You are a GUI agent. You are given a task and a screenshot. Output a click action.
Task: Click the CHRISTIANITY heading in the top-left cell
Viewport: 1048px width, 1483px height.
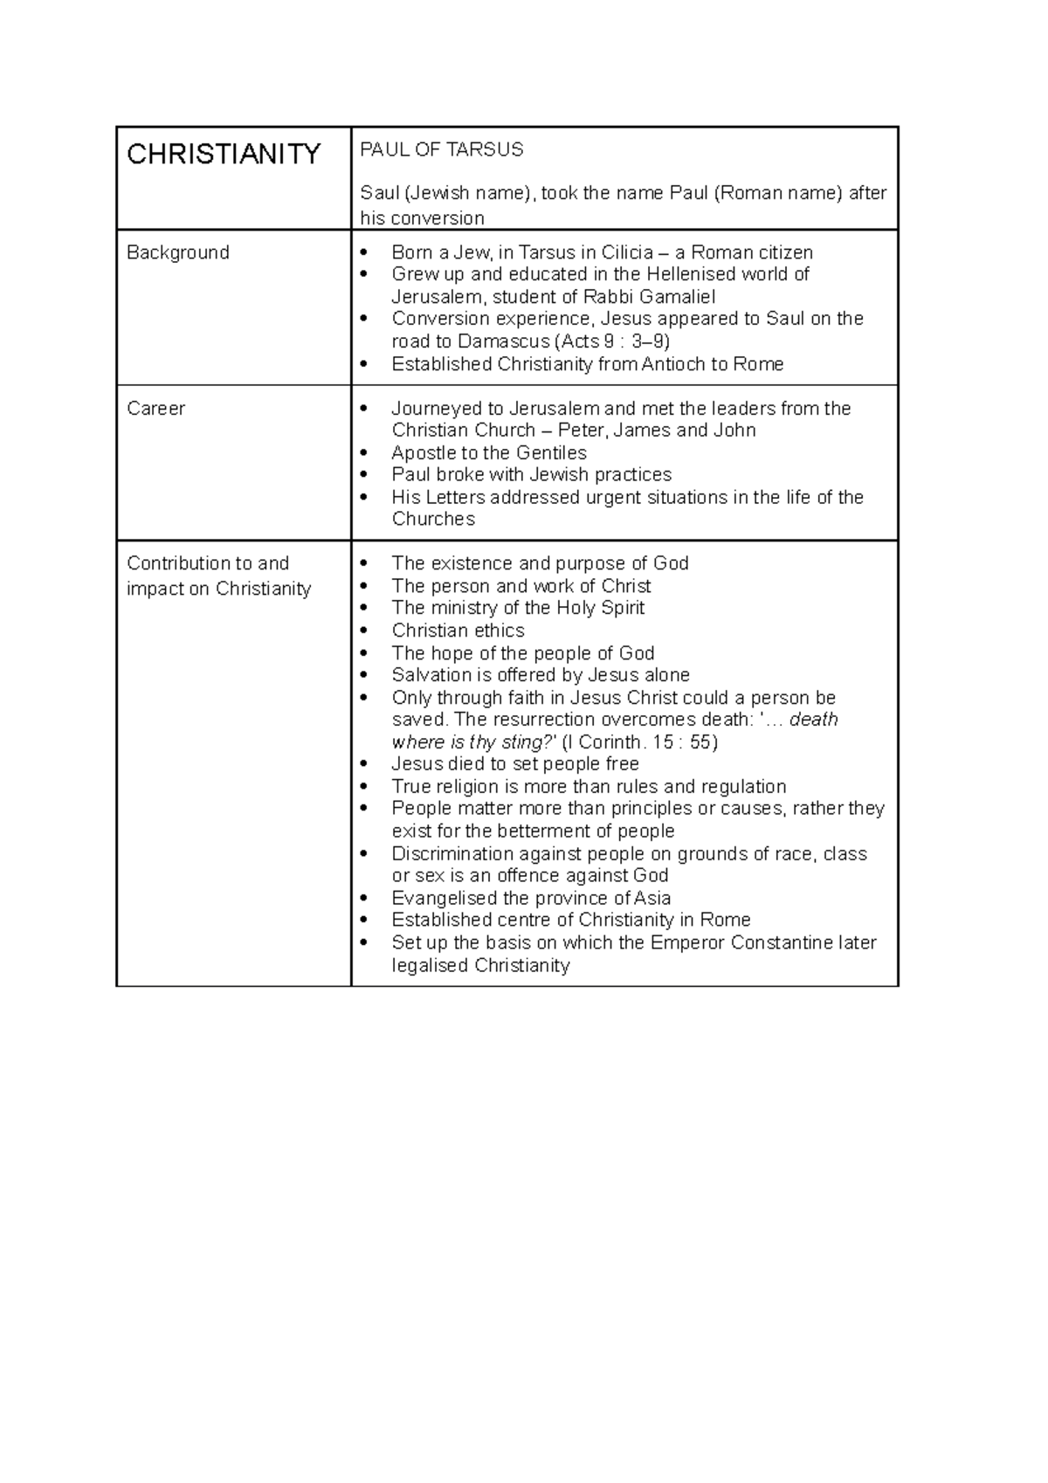click(224, 155)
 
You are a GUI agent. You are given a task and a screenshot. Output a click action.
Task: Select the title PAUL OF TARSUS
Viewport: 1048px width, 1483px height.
click(442, 149)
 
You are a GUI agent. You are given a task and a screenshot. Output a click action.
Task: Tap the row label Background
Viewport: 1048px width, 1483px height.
click(178, 252)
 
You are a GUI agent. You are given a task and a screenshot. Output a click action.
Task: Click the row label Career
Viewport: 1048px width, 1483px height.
click(155, 408)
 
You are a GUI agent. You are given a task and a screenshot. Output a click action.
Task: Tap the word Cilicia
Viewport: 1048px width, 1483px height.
click(622, 252)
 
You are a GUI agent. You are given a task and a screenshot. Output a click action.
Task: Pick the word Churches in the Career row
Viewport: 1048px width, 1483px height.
click(433, 519)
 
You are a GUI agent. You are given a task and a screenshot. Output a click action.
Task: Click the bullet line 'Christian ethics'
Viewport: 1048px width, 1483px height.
click(458, 631)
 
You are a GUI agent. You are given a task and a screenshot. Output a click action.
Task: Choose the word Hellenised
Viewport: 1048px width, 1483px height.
click(692, 274)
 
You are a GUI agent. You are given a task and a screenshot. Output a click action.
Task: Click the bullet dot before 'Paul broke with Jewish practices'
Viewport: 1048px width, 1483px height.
click(365, 475)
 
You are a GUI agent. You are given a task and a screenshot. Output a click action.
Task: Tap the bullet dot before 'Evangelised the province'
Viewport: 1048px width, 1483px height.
click(365, 899)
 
